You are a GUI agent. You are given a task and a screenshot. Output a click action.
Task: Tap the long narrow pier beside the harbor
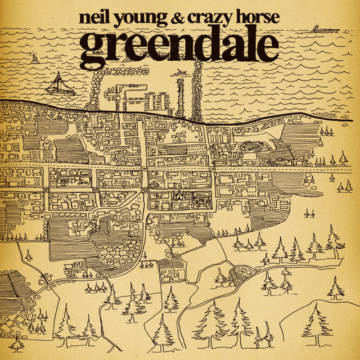pos(180,96)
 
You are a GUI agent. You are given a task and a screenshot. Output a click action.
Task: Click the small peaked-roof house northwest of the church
pos(152,183)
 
